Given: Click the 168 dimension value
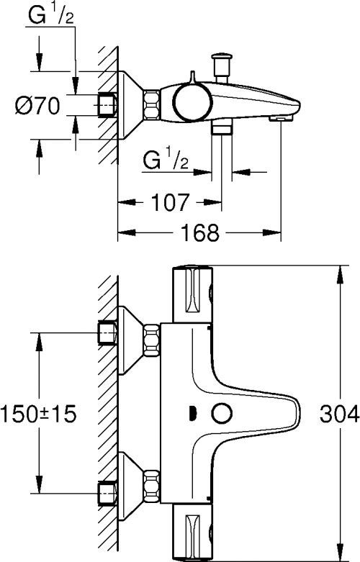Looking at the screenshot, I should click(197, 233).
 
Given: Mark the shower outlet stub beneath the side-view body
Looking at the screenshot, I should click(220, 128).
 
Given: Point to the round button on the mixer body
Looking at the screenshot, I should click(219, 414).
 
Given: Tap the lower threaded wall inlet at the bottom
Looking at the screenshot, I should click(107, 494).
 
